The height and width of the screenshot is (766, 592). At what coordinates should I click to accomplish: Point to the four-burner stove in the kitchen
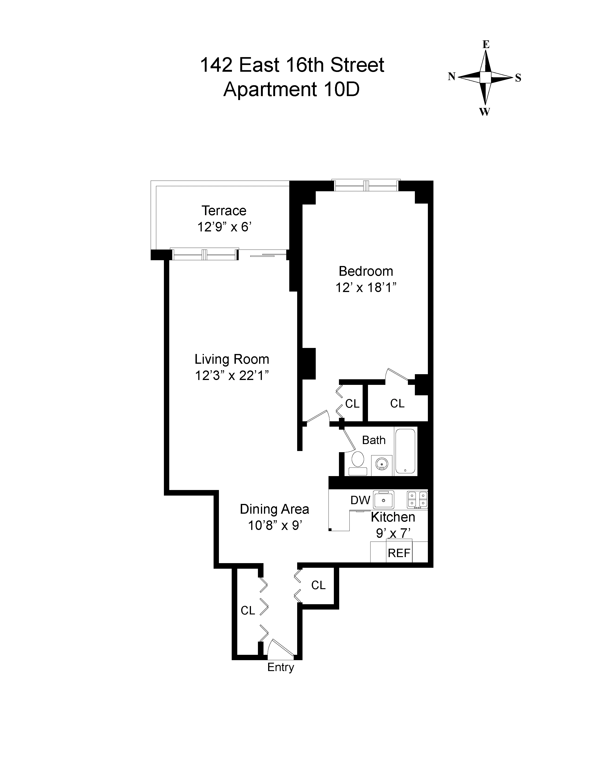(x=417, y=500)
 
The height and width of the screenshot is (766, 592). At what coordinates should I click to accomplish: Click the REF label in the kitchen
(x=399, y=553)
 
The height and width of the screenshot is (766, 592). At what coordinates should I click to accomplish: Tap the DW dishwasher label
(x=360, y=500)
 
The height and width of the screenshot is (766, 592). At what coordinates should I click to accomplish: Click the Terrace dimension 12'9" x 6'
(x=224, y=227)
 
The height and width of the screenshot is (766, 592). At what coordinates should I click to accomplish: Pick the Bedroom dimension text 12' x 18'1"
(x=366, y=288)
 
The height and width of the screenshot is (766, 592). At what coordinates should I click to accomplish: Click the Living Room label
(x=232, y=359)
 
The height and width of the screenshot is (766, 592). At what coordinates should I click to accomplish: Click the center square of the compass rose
(x=485, y=77)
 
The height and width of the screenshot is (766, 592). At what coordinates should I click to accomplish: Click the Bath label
(x=374, y=440)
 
